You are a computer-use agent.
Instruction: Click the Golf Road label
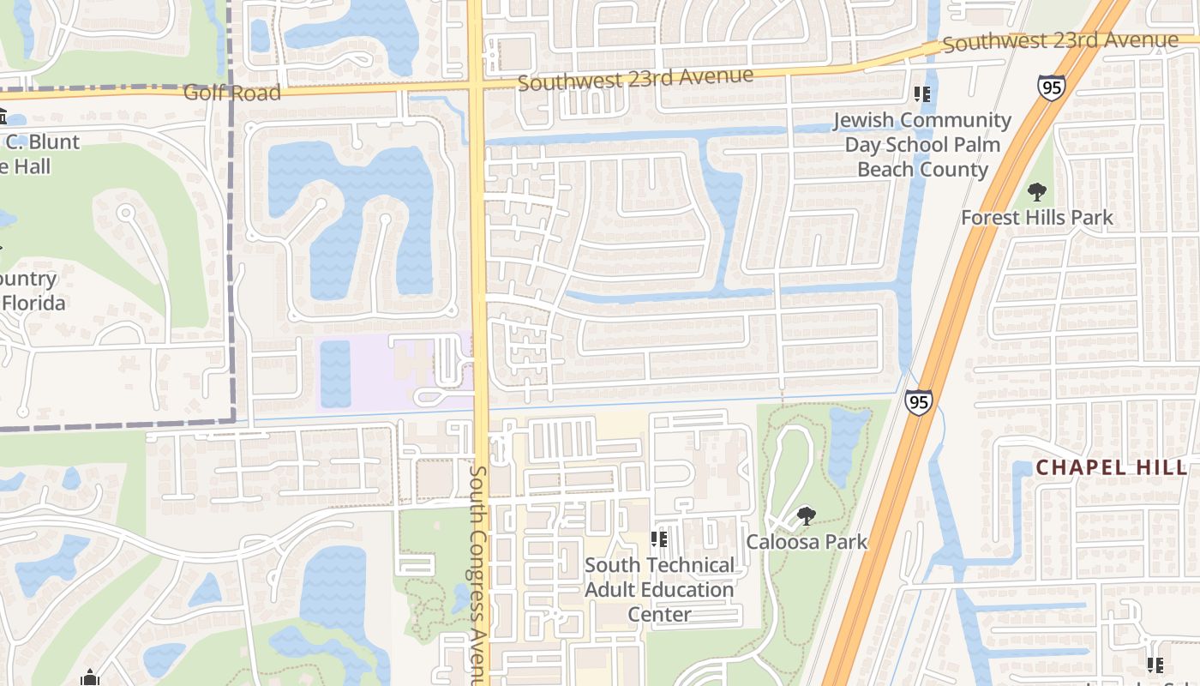231,92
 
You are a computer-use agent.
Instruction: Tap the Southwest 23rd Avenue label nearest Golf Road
635,78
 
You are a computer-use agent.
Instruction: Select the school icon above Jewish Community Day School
922,94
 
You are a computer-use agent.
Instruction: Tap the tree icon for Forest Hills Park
1037,191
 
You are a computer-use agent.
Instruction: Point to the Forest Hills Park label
1037,218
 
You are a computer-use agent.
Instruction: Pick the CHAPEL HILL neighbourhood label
1112,467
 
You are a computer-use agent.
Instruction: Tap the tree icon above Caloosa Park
806,516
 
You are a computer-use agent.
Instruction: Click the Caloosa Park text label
807,542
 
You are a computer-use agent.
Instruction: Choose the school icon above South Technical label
658,539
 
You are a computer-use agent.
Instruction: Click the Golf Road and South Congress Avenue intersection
477,85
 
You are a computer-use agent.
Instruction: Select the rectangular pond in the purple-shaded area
335,374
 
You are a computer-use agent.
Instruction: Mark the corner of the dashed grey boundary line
233,420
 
